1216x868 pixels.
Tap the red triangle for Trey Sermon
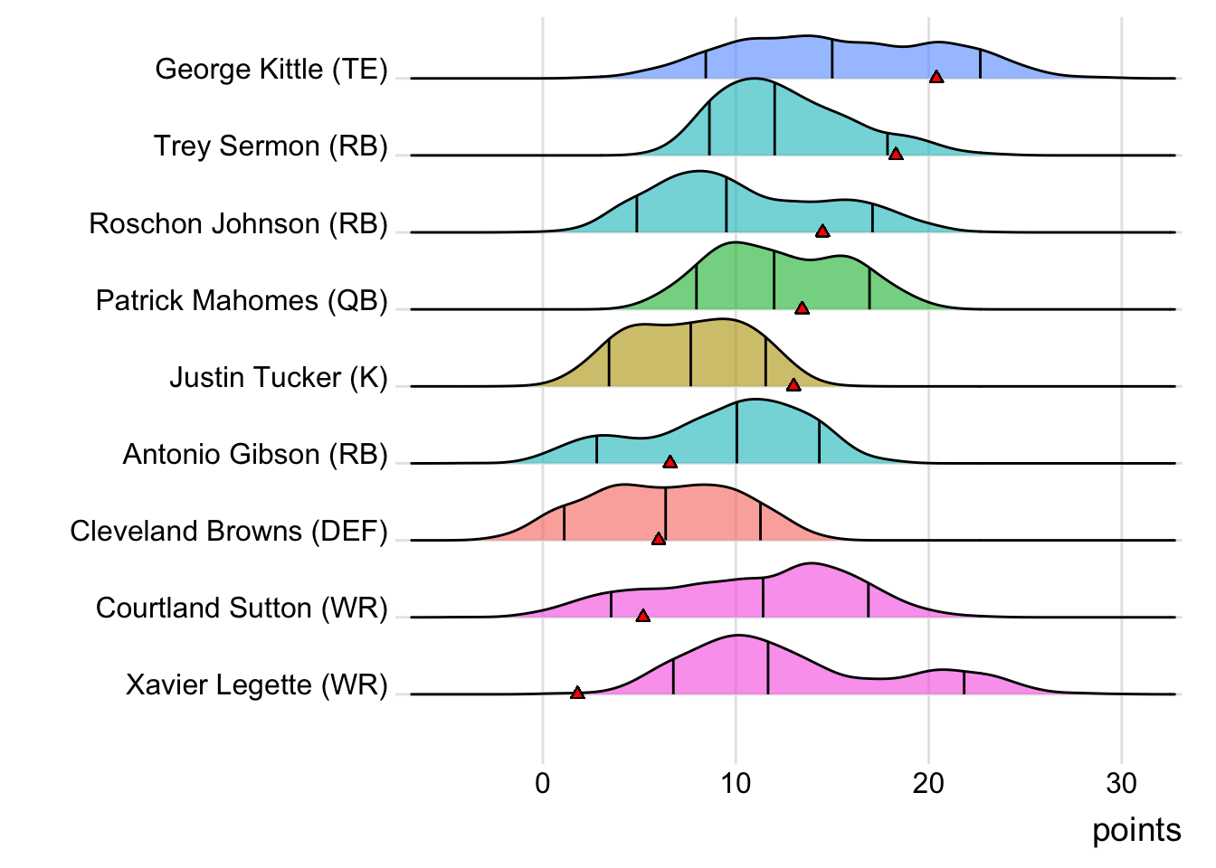coord(896,155)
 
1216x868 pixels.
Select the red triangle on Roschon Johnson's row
coord(822,231)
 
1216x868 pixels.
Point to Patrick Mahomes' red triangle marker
coord(802,308)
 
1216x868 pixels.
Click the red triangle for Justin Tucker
coord(793,385)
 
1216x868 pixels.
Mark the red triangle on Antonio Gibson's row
coord(670,462)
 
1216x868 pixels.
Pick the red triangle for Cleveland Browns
coord(659,539)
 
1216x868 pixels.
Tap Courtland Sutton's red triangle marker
coord(643,616)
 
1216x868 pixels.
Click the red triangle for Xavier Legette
coord(577,693)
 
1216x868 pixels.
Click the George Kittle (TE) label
coord(271,70)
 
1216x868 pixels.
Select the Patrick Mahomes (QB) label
coord(242,300)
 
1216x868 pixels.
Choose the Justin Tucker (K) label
coord(279,377)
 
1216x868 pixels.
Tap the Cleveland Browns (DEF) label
coord(229,531)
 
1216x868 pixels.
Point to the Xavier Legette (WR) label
coord(257,685)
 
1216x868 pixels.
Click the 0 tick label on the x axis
coord(543,783)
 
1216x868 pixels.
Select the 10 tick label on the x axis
coord(736,783)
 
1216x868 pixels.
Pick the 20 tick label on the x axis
coord(928,783)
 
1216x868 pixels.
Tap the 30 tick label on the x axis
coord(1121,783)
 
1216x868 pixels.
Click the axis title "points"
coord(1136,830)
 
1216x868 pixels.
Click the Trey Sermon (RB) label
coord(271,146)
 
